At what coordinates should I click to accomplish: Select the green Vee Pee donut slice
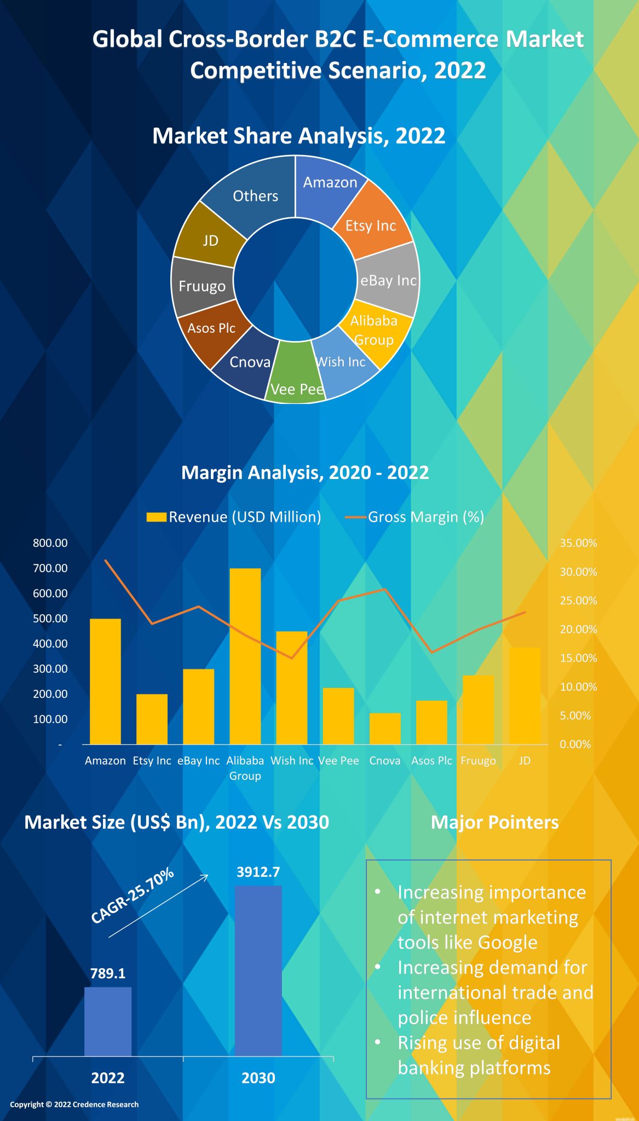(296, 378)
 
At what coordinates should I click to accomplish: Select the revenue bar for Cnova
(385, 729)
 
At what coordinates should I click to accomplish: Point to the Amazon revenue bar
(105, 681)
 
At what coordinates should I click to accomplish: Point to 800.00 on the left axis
(50, 543)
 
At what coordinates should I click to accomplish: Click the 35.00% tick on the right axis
(578, 543)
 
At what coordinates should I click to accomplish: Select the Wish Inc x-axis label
(292, 760)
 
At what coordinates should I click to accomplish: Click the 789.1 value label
(108, 973)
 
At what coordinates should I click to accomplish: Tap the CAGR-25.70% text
(132, 895)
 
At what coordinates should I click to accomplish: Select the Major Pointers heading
(494, 822)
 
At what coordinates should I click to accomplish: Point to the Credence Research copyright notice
(74, 1104)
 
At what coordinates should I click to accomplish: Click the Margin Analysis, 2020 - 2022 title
(305, 472)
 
